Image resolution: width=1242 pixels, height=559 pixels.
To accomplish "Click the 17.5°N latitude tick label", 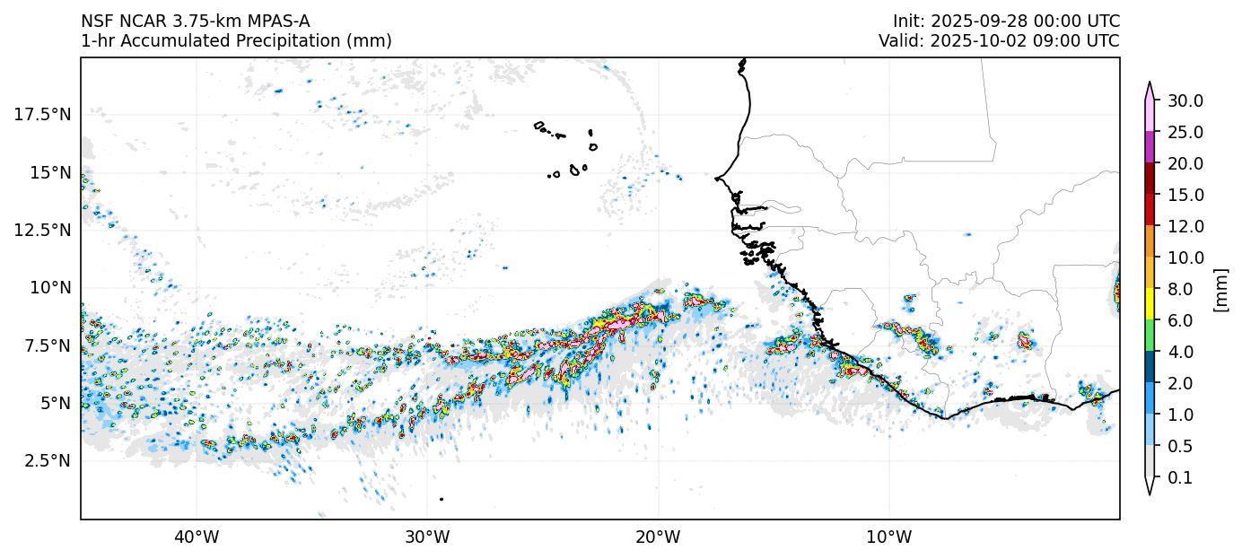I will (42, 114).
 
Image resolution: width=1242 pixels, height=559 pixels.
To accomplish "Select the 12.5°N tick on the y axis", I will (42, 230).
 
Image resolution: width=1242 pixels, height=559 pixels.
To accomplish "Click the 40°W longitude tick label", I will (197, 537).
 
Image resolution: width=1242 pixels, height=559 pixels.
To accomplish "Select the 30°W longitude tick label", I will (427, 537).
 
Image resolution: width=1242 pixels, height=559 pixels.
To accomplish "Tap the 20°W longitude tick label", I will (658, 537).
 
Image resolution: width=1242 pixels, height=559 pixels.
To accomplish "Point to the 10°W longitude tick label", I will (889, 537).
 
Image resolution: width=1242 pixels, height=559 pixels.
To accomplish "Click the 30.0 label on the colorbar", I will (1185, 100).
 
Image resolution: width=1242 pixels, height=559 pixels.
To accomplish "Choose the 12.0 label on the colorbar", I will (1185, 226).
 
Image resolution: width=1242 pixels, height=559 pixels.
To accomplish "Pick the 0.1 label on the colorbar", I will (1181, 478).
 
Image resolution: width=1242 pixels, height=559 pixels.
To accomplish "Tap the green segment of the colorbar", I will (1149, 336).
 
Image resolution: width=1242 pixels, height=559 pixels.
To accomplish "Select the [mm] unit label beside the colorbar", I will (1220, 289).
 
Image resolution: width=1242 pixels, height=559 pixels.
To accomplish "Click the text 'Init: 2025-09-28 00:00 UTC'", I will (1006, 22).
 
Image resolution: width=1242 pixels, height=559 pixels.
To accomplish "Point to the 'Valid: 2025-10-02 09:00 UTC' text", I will (999, 41).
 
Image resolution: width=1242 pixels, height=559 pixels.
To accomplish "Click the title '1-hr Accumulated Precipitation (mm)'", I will (236, 41).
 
